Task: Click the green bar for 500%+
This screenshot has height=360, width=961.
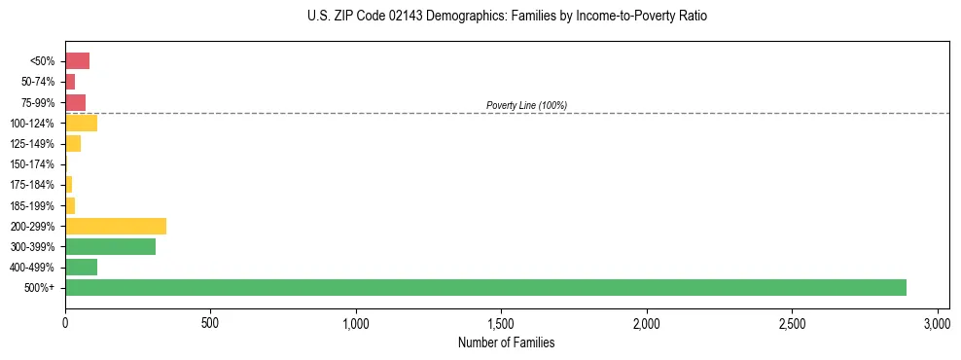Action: click(485, 287)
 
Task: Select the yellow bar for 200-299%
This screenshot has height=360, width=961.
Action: click(116, 226)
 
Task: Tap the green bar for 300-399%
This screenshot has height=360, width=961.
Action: click(110, 246)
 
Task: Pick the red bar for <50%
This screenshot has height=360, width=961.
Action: click(77, 61)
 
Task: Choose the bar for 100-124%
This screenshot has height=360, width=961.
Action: click(81, 123)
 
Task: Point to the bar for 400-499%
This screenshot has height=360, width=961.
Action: click(81, 267)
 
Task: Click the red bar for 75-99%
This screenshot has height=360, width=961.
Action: click(75, 102)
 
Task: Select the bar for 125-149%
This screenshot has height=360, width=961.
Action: click(73, 143)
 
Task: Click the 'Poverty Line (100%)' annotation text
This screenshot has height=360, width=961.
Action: click(526, 105)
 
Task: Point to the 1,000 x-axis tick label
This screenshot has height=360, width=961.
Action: click(356, 322)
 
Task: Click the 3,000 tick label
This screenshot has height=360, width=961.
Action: click(937, 322)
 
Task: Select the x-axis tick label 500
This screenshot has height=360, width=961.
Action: click(210, 322)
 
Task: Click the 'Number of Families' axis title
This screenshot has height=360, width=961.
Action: click(506, 342)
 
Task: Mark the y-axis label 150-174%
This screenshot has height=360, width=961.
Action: click(32, 164)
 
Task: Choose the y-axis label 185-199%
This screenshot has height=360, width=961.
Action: click(32, 205)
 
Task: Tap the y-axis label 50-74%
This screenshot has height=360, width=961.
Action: click(37, 82)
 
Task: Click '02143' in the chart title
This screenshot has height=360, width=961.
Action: click(401, 17)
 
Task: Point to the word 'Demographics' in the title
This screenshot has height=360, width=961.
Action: click(462, 17)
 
